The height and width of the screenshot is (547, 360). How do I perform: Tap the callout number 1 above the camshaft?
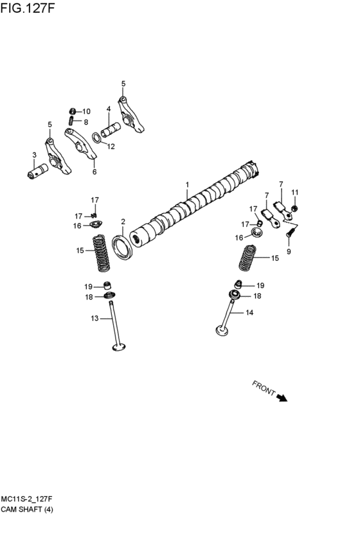pos(187,184)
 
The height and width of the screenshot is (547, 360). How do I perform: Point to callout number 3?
pos(34,155)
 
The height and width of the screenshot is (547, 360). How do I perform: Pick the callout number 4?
pos(109,109)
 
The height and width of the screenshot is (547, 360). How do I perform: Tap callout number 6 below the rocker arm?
pos(94,172)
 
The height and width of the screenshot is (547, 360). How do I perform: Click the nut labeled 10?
pos(73,111)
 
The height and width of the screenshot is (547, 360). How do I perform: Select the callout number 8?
pos(85,121)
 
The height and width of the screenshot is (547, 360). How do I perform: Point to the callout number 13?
pos(94,318)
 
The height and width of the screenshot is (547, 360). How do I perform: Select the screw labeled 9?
pos(289,234)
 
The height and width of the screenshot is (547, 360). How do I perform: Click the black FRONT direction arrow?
pos(281,398)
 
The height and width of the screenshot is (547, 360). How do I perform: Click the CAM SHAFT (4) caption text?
pos(27,509)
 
